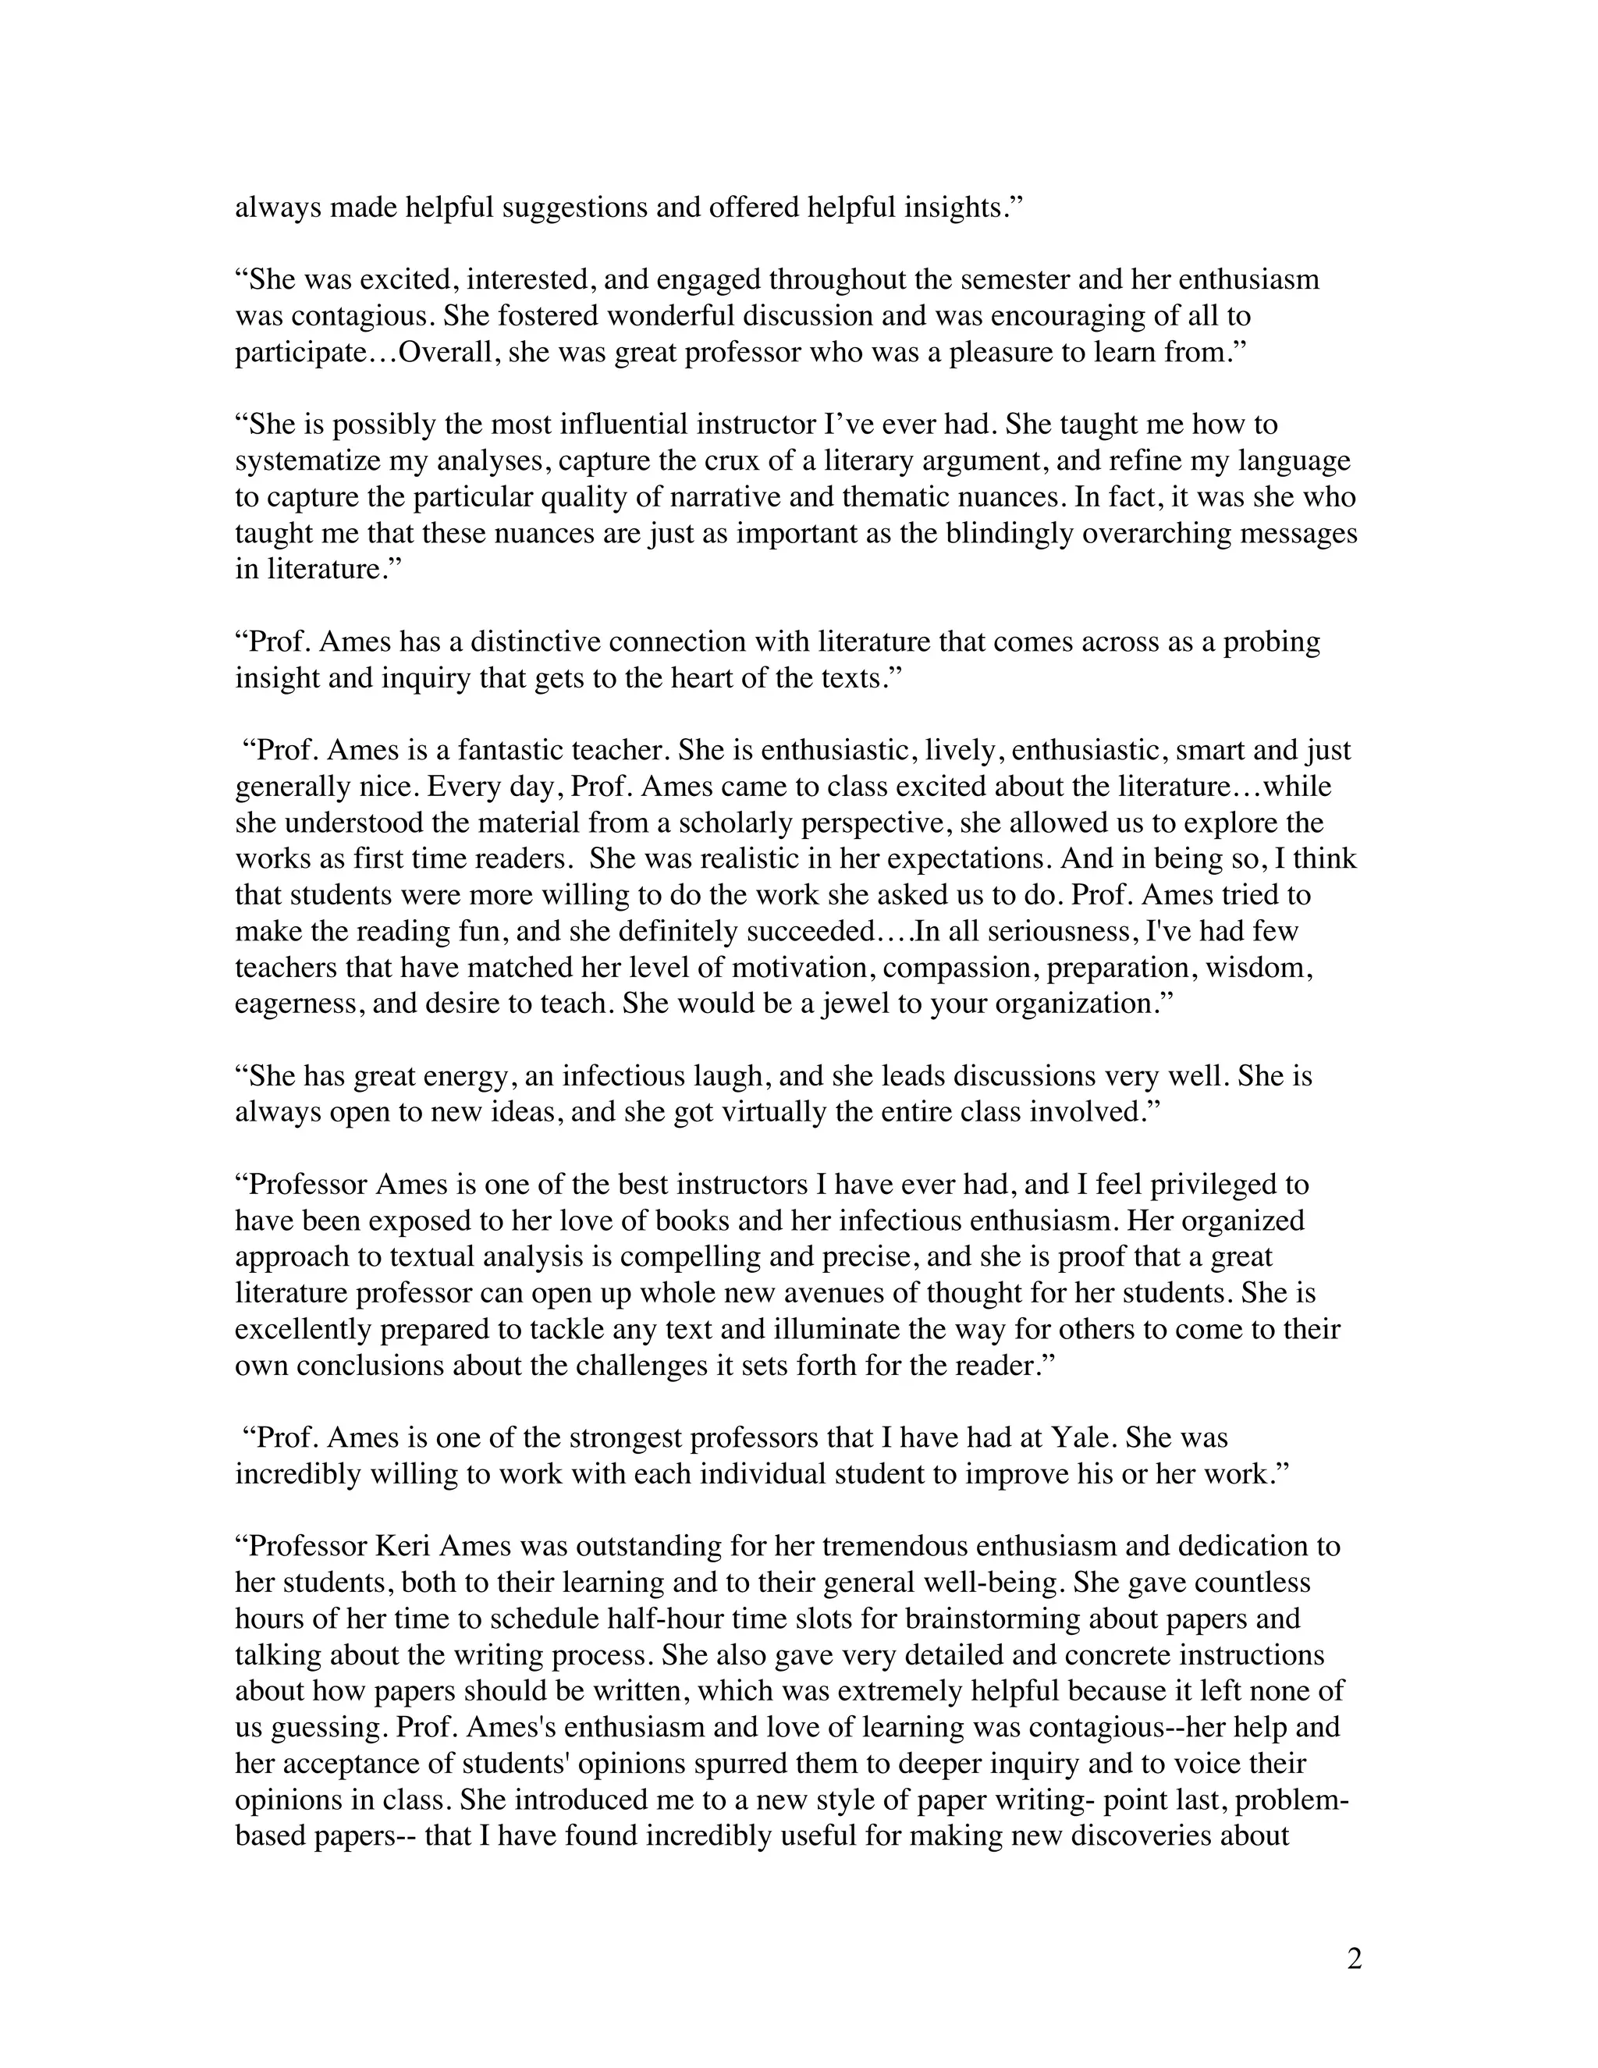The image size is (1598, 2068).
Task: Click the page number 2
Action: tap(1354, 1959)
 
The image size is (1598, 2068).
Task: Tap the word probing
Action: tap(1271, 642)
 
